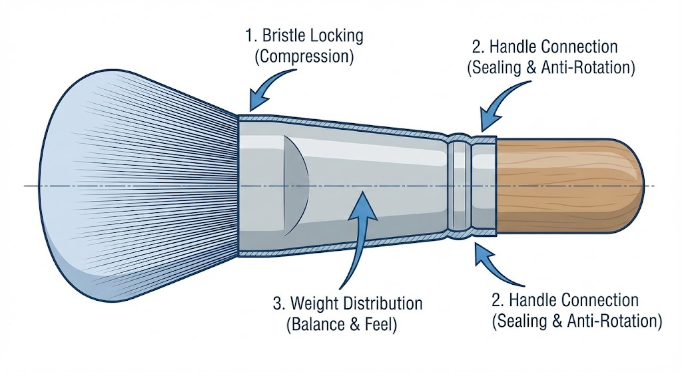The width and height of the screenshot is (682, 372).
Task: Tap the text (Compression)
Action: pos(304,56)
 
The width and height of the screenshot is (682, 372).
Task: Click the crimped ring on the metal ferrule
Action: pos(460,185)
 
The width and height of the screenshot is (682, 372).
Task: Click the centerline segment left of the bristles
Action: pos(33,186)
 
